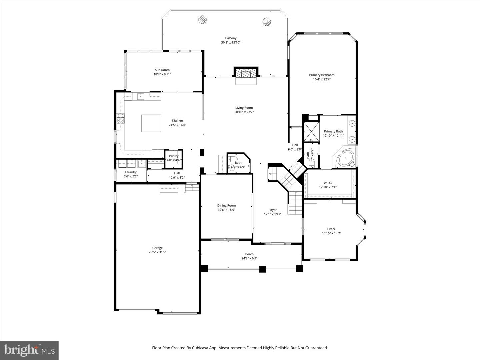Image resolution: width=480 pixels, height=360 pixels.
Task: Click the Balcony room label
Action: click(231, 38)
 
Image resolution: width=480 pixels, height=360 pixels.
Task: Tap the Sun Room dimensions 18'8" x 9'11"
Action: click(162, 74)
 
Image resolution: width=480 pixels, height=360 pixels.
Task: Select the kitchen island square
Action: click(151, 123)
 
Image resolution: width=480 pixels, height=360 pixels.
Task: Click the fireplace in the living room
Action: click(246, 73)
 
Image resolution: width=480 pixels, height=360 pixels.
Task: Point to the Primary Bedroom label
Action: click(322, 75)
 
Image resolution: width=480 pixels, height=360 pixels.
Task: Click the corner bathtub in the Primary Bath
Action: click(344, 158)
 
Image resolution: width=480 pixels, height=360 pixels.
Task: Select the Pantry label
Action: click(174, 156)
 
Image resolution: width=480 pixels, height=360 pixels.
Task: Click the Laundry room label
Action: click(131, 172)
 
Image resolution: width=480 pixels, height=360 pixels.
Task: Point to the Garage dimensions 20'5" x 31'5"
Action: click(157, 252)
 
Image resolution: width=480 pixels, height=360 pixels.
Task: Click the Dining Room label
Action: click(226, 206)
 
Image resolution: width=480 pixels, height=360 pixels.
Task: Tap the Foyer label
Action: click(273, 210)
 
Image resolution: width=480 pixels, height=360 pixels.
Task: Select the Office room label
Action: click(331, 229)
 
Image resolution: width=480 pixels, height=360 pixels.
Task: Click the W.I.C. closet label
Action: click(328, 183)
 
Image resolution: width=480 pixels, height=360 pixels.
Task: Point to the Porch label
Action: click(249, 254)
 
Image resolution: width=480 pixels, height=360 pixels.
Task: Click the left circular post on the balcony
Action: click(202, 20)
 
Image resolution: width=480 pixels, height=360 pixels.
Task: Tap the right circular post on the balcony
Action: click(266, 22)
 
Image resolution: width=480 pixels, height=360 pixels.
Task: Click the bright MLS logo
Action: click(29, 350)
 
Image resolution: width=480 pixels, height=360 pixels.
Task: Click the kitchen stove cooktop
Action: click(120, 119)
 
